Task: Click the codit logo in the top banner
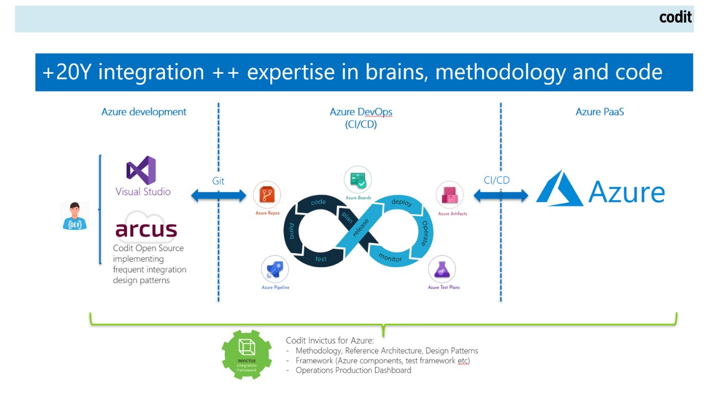(675, 17)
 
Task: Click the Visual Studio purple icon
(141, 170)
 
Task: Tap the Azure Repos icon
(267, 195)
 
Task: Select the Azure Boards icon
(358, 180)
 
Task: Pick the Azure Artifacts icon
(450, 195)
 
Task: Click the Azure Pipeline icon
(275, 270)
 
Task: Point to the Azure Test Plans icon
(442, 270)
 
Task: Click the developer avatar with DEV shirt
(75, 216)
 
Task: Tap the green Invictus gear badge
(246, 354)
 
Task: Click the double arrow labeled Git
(219, 195)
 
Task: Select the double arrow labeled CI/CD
(501, 195)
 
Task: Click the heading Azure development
(144, 112)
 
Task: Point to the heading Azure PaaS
(600, 112)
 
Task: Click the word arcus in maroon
(146, 229)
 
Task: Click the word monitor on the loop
(390, 257)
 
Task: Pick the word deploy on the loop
(402, 202)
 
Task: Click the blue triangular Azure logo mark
(559, 188)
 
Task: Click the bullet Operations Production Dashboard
(353, 370)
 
